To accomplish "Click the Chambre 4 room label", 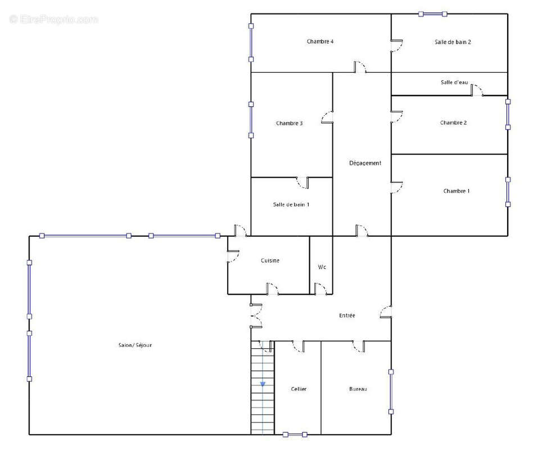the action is [x=320, y=42].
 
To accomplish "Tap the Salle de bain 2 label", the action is [x=453, y=42].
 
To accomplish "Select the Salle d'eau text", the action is [x=454, y=82].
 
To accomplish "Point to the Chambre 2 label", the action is [x=453, y=123].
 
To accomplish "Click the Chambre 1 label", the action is [x=456, y=191].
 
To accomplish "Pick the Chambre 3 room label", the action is [x=289, y=123].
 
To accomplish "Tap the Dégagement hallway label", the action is [x=365, y=163].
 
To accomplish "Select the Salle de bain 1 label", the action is [x=291, y=204].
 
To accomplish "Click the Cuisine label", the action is [x=270, y=260].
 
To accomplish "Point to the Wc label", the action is [x=322, y=267].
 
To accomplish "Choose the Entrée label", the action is [x=347, y=316].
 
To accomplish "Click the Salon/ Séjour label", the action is [x=135, y=345].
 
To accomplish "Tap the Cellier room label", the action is [x=299, y=389].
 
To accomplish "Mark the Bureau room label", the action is [x=358, y=389].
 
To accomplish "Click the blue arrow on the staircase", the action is [x=263, y=384].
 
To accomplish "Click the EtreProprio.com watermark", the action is [x=54, y=19].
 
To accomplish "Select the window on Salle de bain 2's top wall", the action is [x=432, y=14].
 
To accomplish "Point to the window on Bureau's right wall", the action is [x=391, y=392].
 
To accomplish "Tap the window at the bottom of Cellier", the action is [x=295, y=435].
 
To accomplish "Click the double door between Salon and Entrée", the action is [x=256, y=316].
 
